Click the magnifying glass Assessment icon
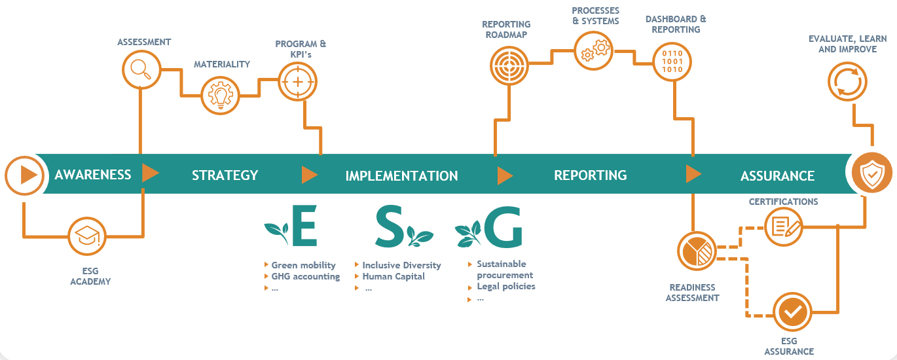click(x=141, y=69)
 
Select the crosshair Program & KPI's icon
click(x=298, y=82)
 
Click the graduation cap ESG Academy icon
click(x=88, y=237)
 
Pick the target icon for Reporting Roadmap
click(x=509, y=64)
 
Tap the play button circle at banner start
click(x=25, y=175)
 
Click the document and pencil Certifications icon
click(x=784, y=226)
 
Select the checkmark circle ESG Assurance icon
click(x=793, y=312)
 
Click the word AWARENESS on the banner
click(x=93, y=175)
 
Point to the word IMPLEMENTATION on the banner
click(x=401, y=175)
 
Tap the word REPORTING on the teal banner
click(x=590, y=175)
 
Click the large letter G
click(x=503, y=227)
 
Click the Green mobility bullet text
click(x=303, y=265)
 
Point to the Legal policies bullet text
click(x=505, y=286)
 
